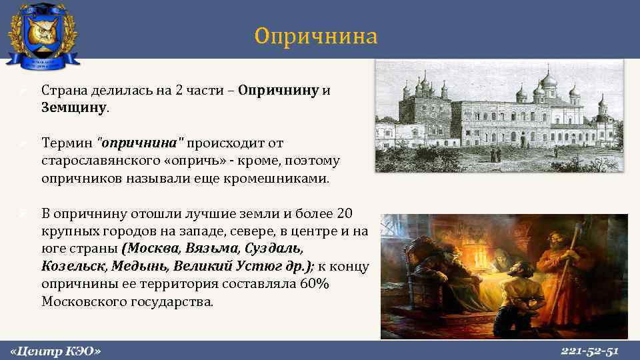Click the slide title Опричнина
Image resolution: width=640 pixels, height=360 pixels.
pos(315,36)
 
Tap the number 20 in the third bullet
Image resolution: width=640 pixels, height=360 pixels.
pos(345,213)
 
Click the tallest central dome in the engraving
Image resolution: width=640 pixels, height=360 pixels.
pos(548,83)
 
